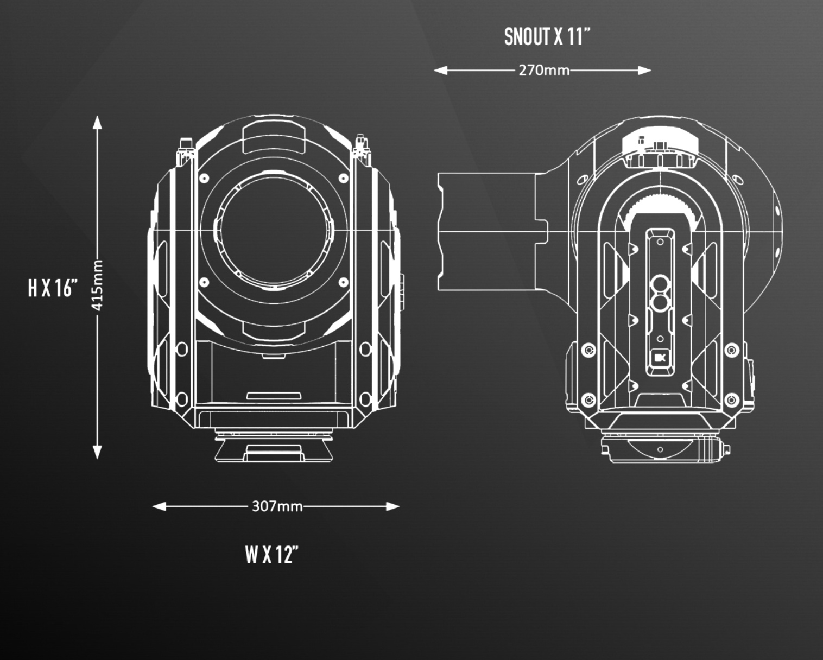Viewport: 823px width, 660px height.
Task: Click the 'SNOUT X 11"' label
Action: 547,37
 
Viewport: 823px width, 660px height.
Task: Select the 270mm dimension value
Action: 543,70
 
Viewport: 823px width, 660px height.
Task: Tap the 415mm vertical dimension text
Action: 98,286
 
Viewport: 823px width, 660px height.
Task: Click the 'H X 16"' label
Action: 53,288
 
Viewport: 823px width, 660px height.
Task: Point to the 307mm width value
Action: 277,506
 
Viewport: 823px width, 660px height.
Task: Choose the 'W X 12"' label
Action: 271,555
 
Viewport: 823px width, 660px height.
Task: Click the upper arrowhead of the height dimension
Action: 97,123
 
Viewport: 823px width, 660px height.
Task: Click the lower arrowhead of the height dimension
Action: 97,452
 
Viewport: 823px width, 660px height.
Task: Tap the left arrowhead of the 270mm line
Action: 440,70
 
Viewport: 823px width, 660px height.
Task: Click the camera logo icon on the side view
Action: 660,358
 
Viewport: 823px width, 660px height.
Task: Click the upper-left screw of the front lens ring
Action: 205,178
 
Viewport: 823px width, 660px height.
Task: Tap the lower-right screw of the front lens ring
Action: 343,282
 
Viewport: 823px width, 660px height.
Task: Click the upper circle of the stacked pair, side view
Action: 660,283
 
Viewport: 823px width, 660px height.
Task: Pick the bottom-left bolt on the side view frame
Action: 588,400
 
